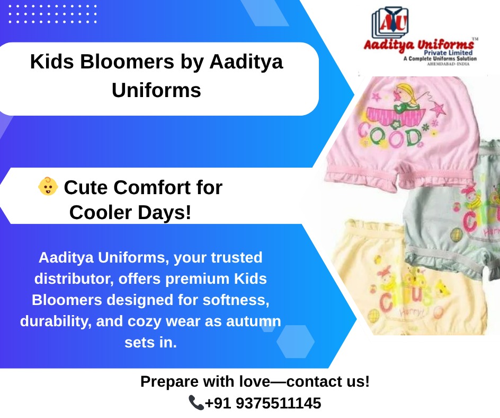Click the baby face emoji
(48, 187)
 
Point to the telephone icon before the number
(196, 403)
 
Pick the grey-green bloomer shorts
(456, 212)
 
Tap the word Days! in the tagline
(165, 213)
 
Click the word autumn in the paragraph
(255, 321)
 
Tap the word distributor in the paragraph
(73, 278)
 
